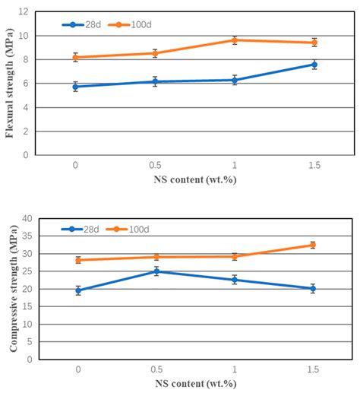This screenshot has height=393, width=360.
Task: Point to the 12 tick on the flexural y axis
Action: (x=24, y=12)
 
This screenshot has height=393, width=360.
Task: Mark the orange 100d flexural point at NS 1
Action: (x=234, y=40)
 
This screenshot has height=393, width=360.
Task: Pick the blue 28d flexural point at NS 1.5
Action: (x=313, y=65)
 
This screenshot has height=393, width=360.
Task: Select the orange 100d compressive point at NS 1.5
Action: (x=313, y=245)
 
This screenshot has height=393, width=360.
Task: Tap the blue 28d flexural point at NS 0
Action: (x=75, y=87)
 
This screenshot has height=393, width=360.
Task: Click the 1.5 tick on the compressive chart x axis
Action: (x=313, y=369)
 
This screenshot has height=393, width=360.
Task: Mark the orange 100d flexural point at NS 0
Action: (x=75, y=57)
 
